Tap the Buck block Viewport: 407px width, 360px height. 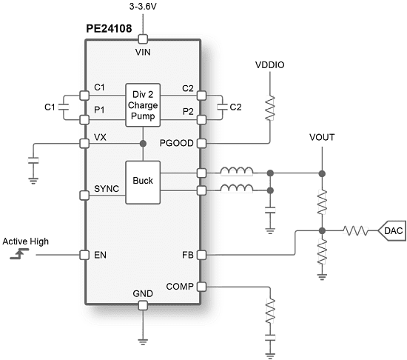point(143,181)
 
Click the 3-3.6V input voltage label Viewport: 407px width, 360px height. point(144,7)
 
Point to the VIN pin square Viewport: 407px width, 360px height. point(144,39)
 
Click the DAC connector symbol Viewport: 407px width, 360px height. point(391,231)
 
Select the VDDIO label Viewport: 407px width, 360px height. point(271,65)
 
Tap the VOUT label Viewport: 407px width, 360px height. point(323,139)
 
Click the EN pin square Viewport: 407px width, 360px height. point(83,254)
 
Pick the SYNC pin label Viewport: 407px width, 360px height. point(106,190)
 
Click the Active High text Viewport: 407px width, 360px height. point(25,241)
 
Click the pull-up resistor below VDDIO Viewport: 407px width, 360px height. point(271,108)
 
